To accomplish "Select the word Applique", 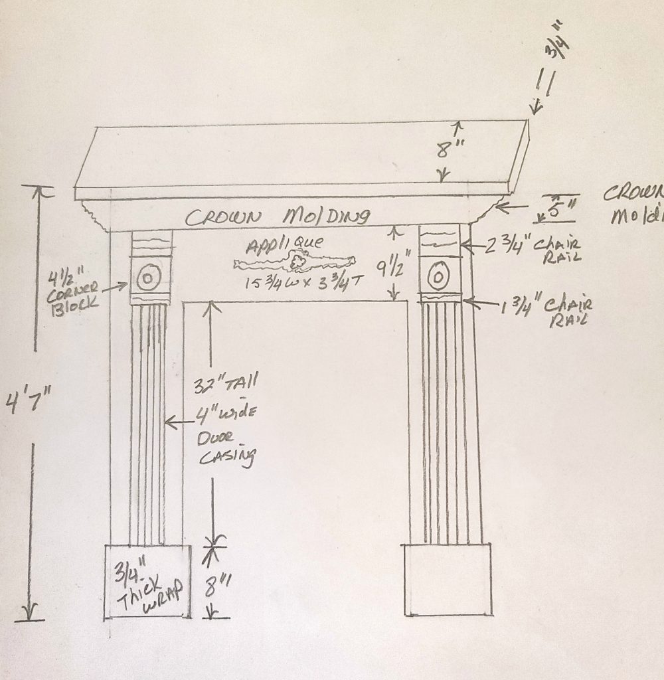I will (x=273, y=246).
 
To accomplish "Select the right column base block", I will (x=447, y=579).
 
